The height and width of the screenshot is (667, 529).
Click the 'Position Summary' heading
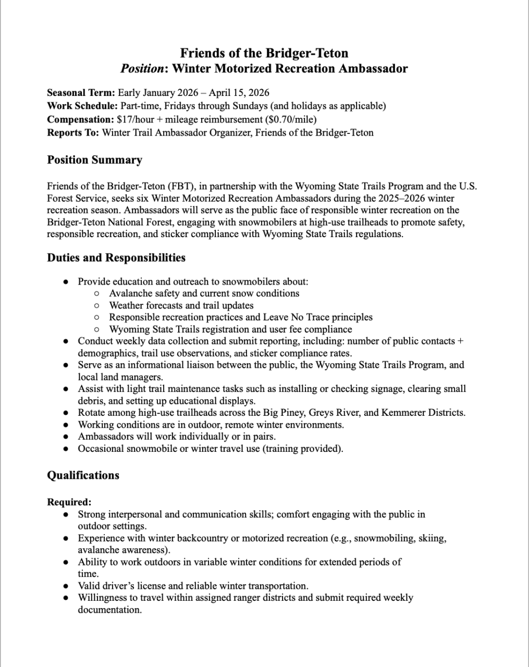click(x=94, y=160)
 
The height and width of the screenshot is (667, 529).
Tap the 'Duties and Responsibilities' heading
click(x=116, y=258)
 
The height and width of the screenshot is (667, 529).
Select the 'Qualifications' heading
click(x=83, y=475)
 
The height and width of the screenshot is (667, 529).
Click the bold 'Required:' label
click(x=69, y=502)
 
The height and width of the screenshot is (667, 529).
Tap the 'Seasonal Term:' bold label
click(x=81, y=93)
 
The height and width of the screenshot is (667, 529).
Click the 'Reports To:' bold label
click(x=73, y=133)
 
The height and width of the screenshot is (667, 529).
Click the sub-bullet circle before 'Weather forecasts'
click(x=97, y=306)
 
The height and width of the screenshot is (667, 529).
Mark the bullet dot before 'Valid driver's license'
click(x=66, y=586)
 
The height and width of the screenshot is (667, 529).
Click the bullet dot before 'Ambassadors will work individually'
click(x=66, y=437)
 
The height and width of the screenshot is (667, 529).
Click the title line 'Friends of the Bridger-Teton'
click(x=264, y=53)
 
